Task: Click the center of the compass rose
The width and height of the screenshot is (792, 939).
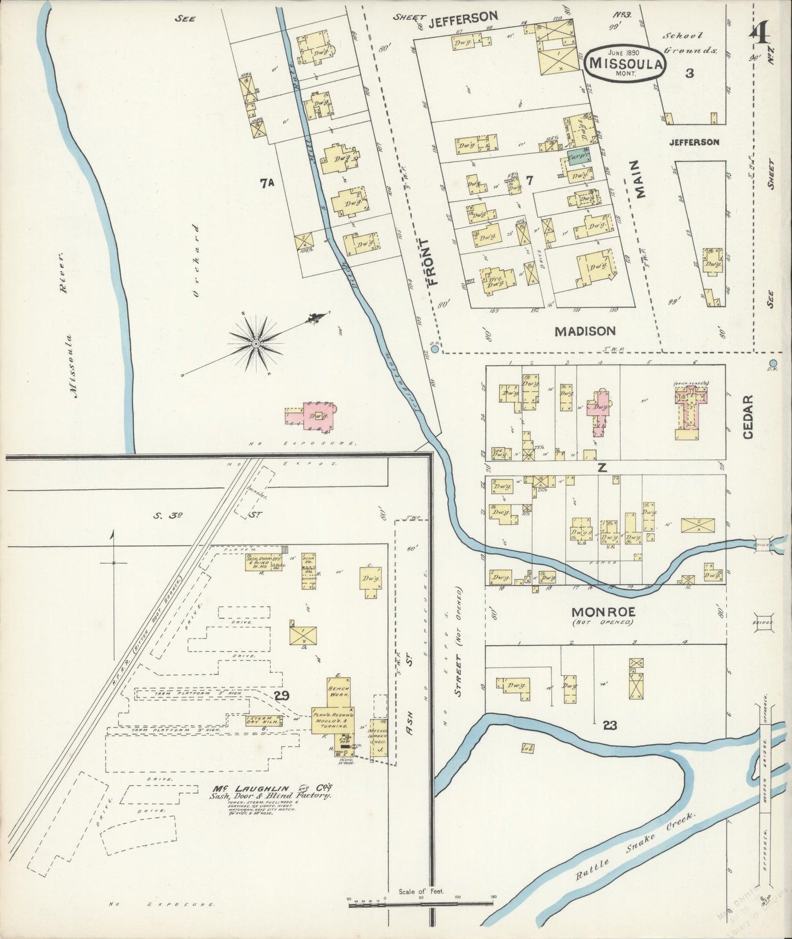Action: [256, 343]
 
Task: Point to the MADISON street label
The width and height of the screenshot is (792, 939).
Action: [585, 331]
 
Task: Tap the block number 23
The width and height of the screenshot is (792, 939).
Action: [609, 725]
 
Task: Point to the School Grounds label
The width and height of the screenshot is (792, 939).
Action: [690, 43]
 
